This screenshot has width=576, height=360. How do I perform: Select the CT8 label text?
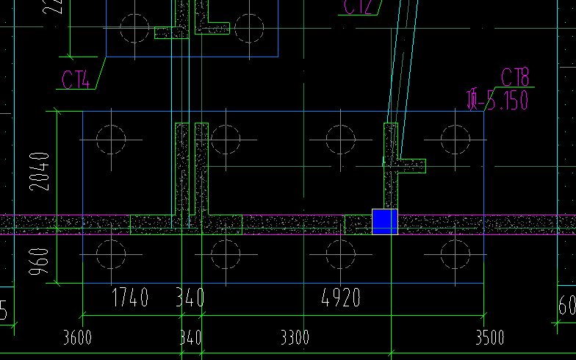516,76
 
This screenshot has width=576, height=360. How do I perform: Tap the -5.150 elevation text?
498,100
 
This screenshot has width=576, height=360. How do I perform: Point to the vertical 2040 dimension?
40,170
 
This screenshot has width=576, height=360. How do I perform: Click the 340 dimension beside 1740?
190,298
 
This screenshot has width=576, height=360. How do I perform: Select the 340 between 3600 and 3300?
190,338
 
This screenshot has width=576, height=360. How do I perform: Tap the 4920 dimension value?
342,298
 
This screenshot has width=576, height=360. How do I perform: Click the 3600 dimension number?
77,338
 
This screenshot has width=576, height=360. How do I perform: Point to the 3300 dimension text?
295,338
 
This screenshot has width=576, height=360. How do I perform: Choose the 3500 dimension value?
490,338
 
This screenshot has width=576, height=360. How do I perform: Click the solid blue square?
384,221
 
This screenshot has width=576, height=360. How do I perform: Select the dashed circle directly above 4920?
340,255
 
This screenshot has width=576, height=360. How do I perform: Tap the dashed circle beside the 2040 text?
111,139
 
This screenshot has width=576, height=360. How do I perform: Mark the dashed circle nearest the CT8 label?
456,139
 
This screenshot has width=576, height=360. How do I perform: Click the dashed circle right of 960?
111,255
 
